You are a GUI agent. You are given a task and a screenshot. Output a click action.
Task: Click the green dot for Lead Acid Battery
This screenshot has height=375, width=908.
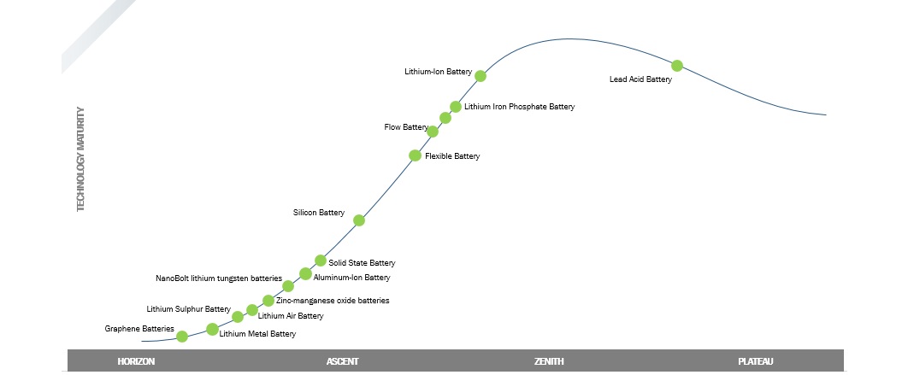click(x=677, y=66)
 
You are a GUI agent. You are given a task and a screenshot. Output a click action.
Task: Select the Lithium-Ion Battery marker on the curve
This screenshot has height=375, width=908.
click(x=481, y=76)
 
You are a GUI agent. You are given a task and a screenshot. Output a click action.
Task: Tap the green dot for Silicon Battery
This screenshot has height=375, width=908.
click(x=359, y=220)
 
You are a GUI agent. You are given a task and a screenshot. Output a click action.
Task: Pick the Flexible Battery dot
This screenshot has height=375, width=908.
click(x=415, y=155)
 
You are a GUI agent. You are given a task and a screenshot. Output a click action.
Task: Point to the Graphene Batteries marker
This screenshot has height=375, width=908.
click(x=182, y=337)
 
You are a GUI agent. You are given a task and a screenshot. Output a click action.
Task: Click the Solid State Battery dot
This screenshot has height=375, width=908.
click(x=321, y=261)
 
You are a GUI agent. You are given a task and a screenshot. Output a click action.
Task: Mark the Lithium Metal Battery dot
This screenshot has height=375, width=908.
click(x=212, y=330)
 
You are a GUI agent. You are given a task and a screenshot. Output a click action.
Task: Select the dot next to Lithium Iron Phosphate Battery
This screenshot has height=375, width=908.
click(x=456, y=107)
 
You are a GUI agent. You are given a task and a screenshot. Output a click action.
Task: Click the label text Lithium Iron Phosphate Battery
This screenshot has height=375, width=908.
click(x=519, y=108)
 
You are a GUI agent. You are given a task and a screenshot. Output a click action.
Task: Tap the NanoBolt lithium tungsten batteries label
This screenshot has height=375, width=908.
click(x=219, y=278)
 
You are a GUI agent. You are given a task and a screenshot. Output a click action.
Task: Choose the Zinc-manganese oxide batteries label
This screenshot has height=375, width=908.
click(x=333, y=301)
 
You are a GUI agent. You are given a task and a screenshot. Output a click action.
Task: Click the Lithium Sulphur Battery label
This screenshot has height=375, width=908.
click(x=188, y=309)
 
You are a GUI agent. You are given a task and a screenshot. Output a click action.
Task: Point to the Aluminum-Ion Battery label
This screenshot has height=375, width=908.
click(x=351, y=278)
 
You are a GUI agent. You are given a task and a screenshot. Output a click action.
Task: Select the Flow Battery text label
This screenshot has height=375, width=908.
click(x=405, y=127)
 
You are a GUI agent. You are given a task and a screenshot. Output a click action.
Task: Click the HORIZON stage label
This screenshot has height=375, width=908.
click(x=136, y=361)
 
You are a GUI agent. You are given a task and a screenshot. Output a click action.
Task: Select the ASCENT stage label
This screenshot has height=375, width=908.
click(x=342, y=361)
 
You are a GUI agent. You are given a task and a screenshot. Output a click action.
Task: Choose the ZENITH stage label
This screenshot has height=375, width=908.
click(x=549, y=361)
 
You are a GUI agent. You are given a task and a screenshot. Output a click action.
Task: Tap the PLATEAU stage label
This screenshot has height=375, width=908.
click(x=756, y=361)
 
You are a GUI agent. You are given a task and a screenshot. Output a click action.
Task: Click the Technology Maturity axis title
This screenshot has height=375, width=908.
click(x=81, y=159)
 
